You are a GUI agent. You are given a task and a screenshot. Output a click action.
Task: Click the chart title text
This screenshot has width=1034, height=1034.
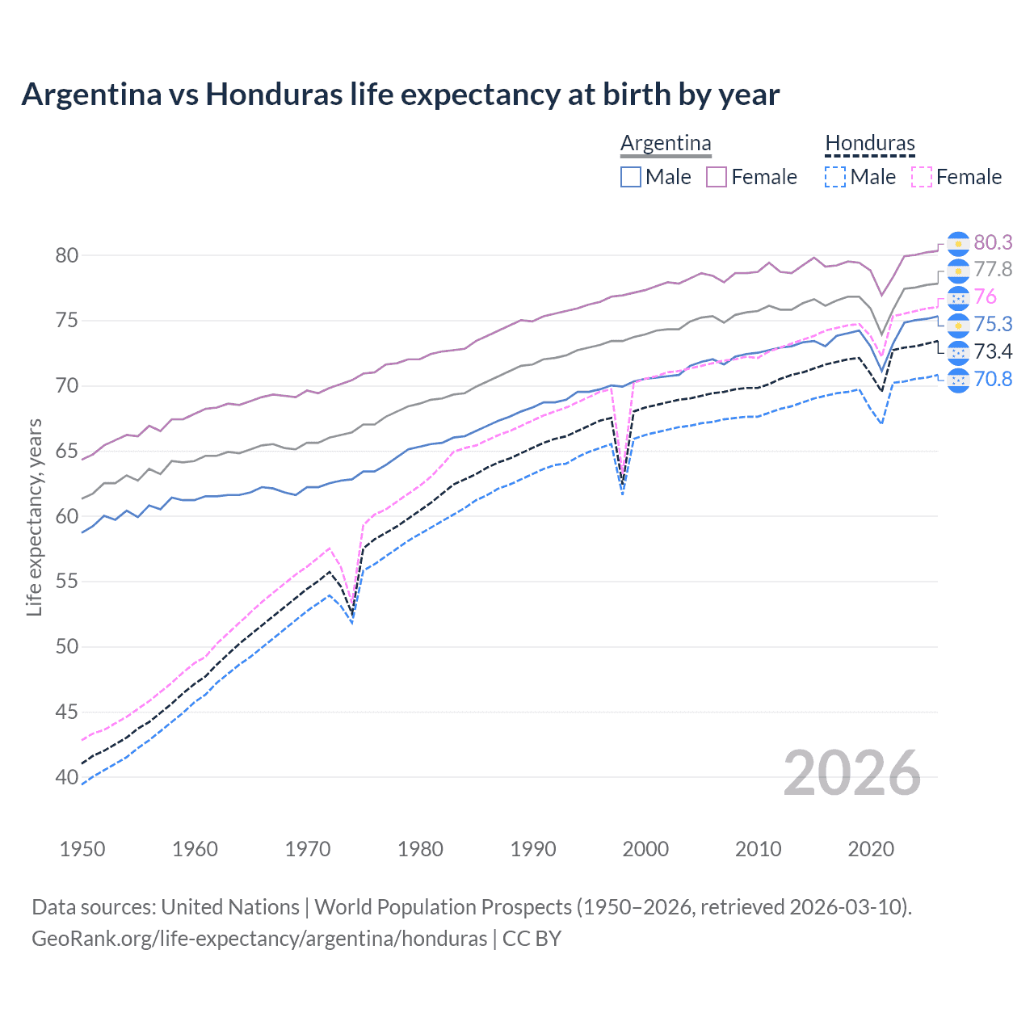point(401,95)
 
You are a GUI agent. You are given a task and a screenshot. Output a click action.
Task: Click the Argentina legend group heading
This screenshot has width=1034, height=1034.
point(666,143)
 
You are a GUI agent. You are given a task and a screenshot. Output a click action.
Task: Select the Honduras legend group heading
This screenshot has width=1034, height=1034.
point(870,143)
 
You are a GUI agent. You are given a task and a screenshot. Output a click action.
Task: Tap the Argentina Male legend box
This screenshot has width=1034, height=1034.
point(631,177)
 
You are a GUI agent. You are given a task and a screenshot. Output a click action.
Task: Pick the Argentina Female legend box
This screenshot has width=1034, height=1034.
point(717,177)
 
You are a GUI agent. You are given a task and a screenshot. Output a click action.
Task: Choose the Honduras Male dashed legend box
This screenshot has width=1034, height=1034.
point(835,177)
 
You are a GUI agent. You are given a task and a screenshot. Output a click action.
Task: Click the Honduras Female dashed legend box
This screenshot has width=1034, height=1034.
point(922,177)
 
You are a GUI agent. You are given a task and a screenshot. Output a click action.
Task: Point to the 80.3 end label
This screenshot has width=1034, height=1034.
point(993,242)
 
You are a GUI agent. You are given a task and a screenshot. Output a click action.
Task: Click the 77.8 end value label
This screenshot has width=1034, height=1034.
point(993,269)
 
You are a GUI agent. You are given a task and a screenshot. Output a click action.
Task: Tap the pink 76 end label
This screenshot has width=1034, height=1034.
point(985,296)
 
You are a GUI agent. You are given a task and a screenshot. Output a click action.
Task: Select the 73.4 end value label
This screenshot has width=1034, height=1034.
point(993,351)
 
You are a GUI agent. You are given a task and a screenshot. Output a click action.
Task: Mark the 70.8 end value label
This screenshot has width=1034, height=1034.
point(993,378)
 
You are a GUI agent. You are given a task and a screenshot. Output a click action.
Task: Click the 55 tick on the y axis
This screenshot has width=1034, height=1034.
point(66,582)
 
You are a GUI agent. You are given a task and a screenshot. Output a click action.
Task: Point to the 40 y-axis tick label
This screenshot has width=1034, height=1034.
point(66,777)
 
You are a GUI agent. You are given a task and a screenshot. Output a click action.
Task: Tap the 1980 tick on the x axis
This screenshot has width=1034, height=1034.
point(420,849)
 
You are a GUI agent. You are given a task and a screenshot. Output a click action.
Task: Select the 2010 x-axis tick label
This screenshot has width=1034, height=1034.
point(758,849)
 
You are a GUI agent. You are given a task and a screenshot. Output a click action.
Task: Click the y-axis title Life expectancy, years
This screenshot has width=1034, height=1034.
point(34,517)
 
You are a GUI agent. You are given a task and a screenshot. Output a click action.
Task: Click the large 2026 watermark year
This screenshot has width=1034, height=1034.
point(852,773)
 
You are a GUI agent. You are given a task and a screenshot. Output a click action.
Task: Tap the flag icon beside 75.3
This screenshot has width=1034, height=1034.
point(958,325)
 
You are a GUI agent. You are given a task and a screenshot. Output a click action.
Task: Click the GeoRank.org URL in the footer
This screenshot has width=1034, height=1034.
point(259,939)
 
